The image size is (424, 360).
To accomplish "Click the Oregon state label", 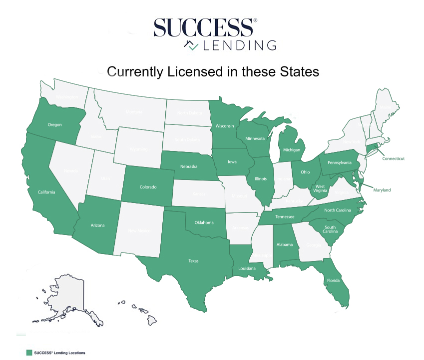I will [55, 125].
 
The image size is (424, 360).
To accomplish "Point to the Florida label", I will [334, 280].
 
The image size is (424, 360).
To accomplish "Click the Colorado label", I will [148, 187].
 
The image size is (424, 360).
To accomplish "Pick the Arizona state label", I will [97, 225].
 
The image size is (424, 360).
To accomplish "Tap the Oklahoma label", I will [204, 222].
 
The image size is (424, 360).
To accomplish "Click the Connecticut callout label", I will [393, 158].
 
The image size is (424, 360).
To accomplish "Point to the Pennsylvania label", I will [340, 163].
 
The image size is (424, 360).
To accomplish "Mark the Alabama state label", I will [285, 245].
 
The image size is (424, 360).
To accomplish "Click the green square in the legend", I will [29, 352].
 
